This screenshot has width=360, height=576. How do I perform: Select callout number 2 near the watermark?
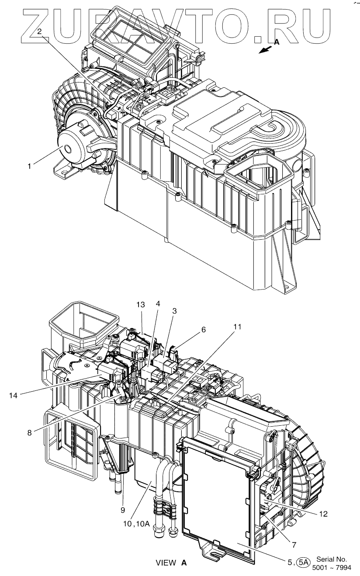click(x=39, y=31)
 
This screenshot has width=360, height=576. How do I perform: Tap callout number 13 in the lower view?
click(x=140, y=304)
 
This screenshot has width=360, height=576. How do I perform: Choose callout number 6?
click(x=203, y=331)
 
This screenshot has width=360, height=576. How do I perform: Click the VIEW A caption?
click(x=171, y=563)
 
